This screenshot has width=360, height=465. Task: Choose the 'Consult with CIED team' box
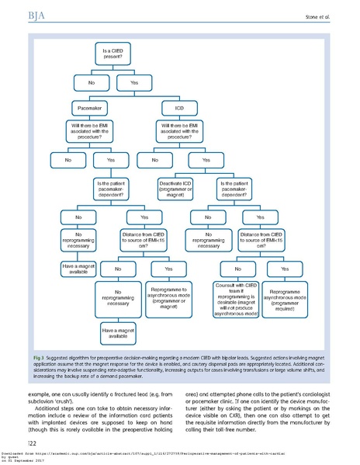230,300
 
